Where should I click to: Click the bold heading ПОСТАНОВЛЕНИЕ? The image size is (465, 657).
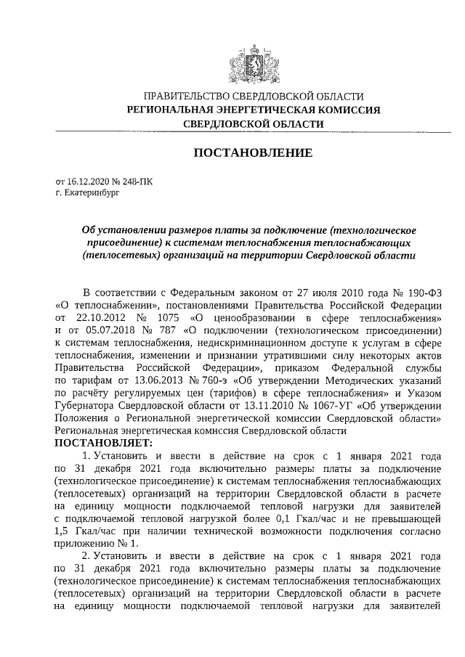(x=252, y=153)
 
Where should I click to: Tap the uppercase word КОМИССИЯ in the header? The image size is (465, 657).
(x=347, y=110)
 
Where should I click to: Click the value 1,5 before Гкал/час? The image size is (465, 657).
(x=63, y=530)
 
